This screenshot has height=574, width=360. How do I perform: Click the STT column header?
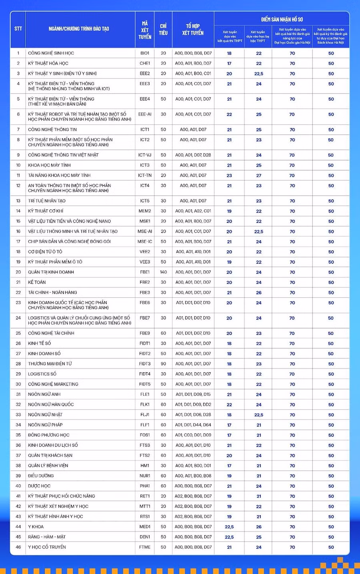[x=18, y=29]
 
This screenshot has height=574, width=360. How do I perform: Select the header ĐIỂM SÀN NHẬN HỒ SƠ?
[x=282, y=19]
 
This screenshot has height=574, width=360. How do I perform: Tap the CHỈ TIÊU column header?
[x=163, y=30]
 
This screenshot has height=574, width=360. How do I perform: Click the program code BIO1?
[x=145, y=53]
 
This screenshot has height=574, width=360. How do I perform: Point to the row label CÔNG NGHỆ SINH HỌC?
[x=51, y=53]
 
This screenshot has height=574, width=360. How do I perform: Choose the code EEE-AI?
[x=145, y=114]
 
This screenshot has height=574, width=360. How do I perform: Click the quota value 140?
[x=163, y=272]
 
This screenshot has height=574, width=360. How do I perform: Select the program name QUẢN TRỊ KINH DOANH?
[x=51, y=272]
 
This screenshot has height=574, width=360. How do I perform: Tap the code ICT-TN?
[x=145, y=175]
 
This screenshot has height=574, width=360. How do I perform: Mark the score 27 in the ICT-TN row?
[x=259, y=175]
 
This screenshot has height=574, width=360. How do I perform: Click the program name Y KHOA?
[x=36, y=527]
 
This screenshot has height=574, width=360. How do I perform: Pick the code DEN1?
[x=145, y=537]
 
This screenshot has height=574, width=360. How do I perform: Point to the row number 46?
[x=18, y=547]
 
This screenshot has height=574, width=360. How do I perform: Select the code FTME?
[x=145, y=547]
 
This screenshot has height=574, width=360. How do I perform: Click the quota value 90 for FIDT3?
[x=163, y=364]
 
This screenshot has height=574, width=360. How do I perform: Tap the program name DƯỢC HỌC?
[x=39, y=486]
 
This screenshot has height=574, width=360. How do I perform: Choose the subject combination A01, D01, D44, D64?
[x=193, y=425]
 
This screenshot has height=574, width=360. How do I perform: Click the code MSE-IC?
[x=145, y=242]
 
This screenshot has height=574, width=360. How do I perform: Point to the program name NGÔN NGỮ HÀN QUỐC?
[x=51, y=405]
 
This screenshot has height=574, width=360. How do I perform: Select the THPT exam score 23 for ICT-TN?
[x=229, y=175]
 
